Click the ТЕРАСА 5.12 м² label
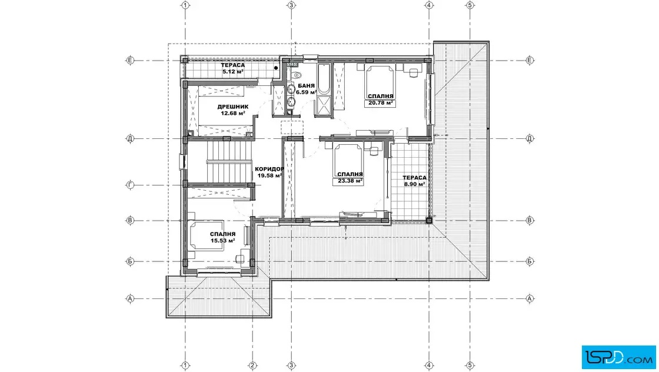[233, 68]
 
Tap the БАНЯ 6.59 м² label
[306, 89]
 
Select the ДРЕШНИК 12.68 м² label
[233, 109]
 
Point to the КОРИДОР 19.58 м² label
[269, 172]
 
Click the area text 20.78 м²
[380, 102]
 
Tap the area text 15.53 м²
[223, 241]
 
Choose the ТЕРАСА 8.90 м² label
[414, 181]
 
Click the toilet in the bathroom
[297, 76]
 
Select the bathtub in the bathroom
[324, 79]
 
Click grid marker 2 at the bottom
[252, 366]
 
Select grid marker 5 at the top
[470, 5]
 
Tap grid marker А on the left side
[130, 299]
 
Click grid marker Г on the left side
[130, 185]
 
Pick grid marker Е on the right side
[530, 61]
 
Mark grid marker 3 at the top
[291, 5]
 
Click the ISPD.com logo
[618, 357]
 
